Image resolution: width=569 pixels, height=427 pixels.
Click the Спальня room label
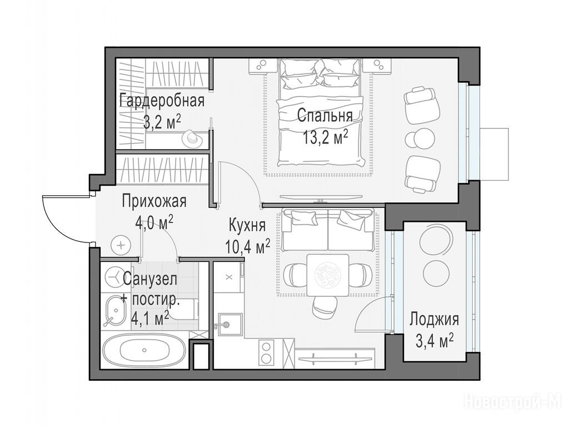[x=325, y=117]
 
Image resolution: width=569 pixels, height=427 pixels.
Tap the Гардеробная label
[x=162, y=101]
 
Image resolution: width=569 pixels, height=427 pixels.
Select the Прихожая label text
[x=154, y=201]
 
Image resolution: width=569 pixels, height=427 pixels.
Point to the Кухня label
[x=247, y=226]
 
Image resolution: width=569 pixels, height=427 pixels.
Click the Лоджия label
[x=435, y=320]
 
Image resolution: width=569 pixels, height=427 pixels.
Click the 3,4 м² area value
[x=435, y=341]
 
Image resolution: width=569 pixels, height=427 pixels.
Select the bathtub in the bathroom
[x=144, y=351]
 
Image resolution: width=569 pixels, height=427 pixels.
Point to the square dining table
[x=328, y=275]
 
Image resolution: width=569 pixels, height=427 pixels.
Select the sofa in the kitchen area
[x=328, y=230]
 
